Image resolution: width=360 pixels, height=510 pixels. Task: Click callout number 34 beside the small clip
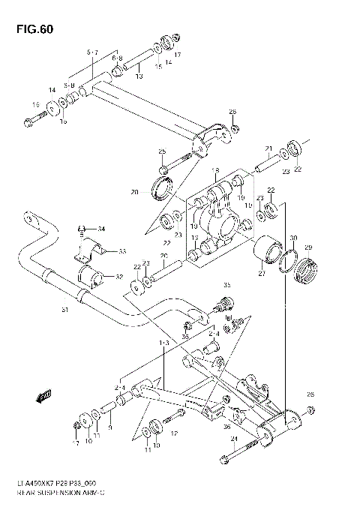pos(102,229)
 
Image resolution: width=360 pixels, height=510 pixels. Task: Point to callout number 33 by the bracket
pos(121,251)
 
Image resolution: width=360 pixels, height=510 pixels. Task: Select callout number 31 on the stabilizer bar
pos(64,310)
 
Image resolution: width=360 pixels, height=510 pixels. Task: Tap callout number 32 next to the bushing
pos(118,277)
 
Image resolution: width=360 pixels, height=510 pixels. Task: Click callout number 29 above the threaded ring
pos(307,248)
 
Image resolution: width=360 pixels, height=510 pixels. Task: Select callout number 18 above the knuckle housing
pos(214,170)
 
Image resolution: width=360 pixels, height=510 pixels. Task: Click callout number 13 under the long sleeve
pos(138,76)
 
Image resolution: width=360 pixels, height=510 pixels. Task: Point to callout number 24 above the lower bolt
pos(233,439)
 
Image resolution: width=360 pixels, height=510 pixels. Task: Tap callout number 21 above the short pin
pos(268,148)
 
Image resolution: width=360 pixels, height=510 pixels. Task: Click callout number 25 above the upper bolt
pos(161,152)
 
